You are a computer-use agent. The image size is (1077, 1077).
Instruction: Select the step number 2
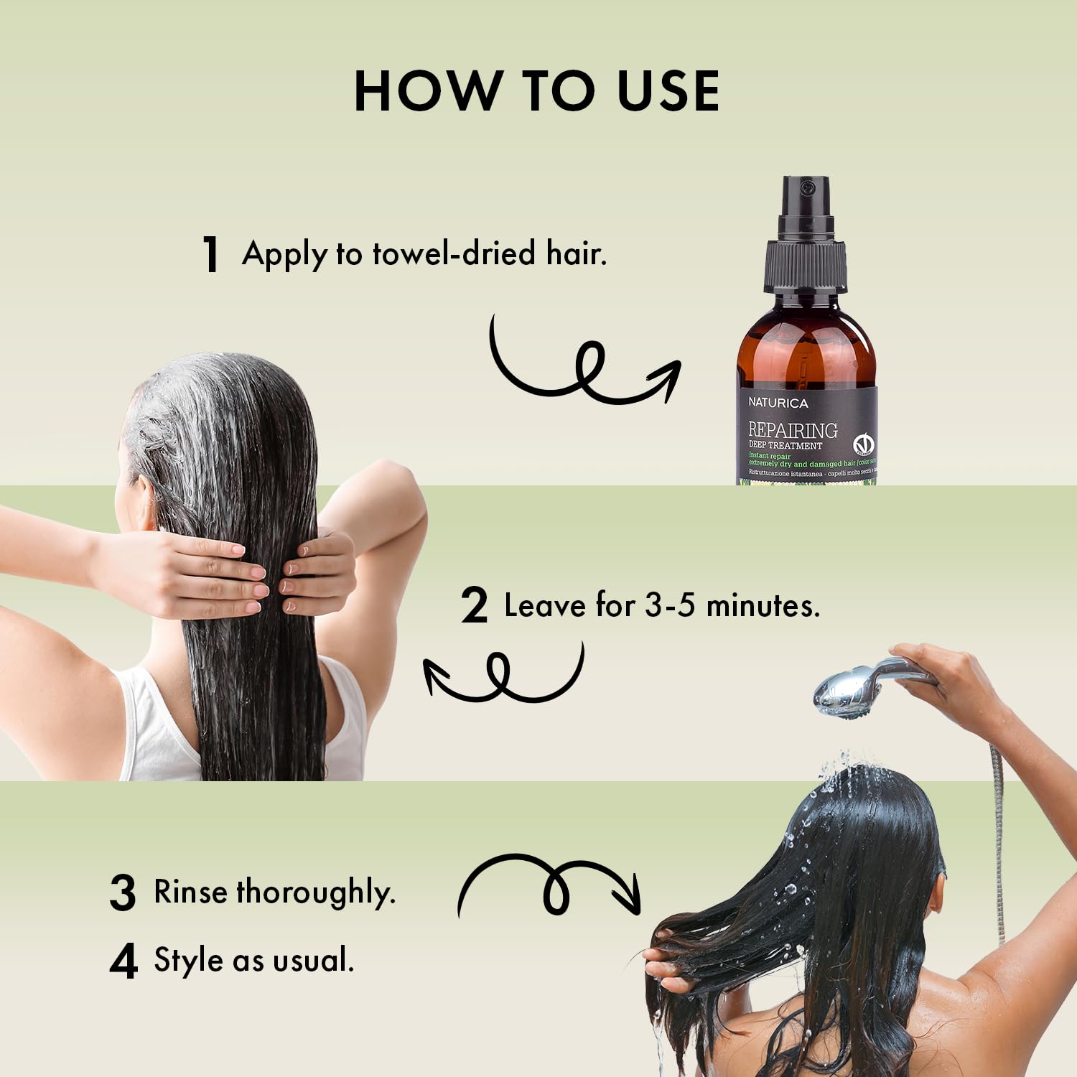(x=474, y=606)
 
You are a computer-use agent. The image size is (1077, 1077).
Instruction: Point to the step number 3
(x=123, y=893)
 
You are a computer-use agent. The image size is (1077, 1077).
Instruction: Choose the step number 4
(x=123, y=962)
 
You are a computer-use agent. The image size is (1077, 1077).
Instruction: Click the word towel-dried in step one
(x=454, y=253)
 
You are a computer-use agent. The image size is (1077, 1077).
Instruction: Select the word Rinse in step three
(x=191, y=892)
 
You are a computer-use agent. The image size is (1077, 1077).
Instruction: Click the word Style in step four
(x=188, y=960)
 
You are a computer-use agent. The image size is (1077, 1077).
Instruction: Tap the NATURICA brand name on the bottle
(x=778, y=403)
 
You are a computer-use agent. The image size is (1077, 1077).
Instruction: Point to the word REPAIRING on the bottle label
(x=793, y=430)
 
